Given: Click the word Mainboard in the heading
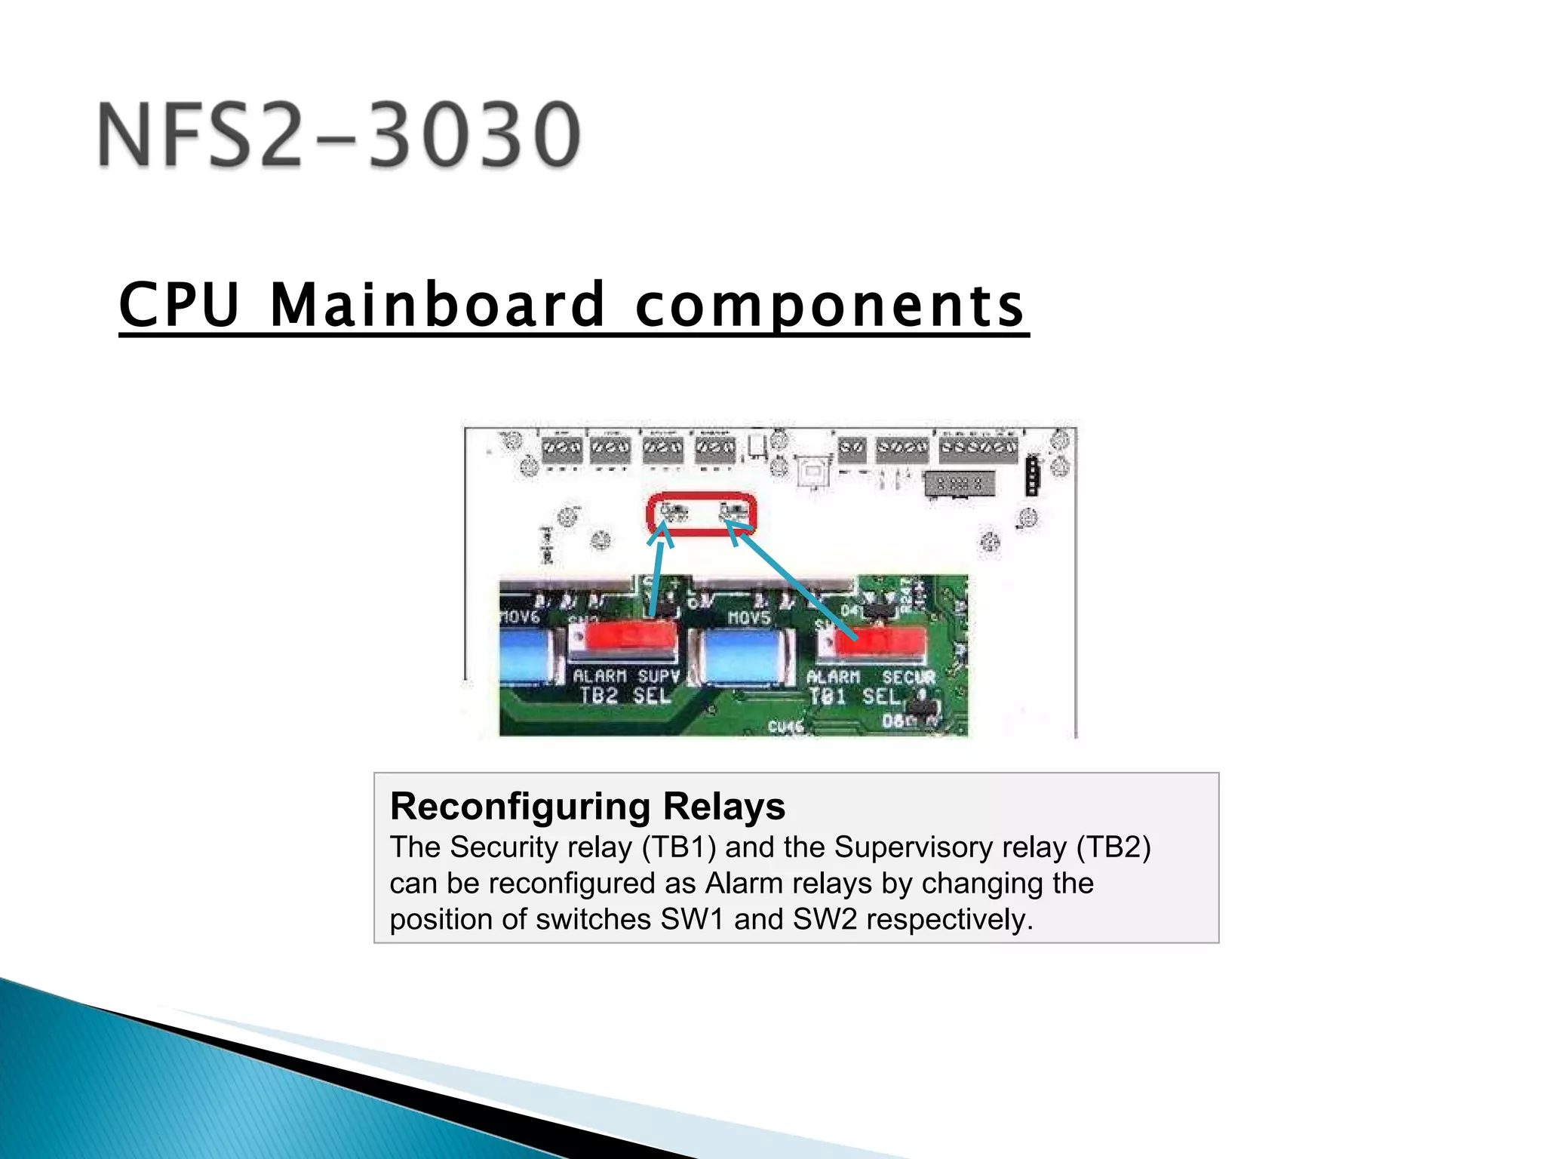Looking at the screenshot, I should (438, 305).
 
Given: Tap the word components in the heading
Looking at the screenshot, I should (830, 305).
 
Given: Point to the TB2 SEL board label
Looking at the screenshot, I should (625, 696).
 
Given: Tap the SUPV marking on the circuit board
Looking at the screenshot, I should (659, 676).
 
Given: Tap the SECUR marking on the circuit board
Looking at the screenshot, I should (908, 678).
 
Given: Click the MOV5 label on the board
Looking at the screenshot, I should (748, 618).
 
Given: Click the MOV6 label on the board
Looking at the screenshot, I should (520, 617).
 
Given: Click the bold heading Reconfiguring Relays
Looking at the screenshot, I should (587, 806).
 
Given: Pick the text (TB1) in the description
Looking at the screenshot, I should (678, 847).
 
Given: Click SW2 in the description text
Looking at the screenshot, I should (825, 919).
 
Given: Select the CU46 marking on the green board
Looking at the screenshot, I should (785, 727).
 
